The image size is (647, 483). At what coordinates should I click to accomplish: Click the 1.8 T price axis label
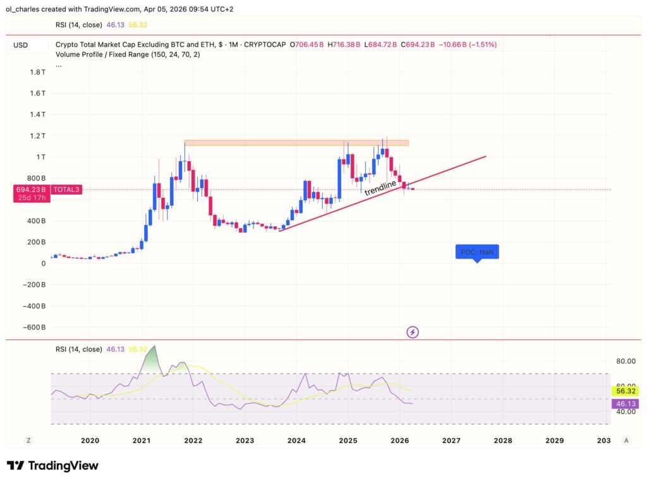coord(37,72)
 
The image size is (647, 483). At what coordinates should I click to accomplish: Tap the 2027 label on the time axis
coord(451,440)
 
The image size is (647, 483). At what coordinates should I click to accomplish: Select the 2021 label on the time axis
coord(142,440)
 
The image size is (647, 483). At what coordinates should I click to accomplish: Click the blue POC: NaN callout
coord(477,252)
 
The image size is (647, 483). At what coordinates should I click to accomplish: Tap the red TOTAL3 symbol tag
coord(66,189)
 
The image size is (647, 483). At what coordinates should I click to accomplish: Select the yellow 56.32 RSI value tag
coord(623,391)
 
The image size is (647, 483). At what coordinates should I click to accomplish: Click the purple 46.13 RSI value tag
coord(623,403)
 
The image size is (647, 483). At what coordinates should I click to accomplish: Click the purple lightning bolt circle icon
coord(413,331)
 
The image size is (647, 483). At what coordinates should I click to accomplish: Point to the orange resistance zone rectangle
coord(296,143)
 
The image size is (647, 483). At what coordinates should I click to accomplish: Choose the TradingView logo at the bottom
coord(52,466)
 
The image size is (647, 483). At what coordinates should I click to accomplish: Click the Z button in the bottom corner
coord(28,440)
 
